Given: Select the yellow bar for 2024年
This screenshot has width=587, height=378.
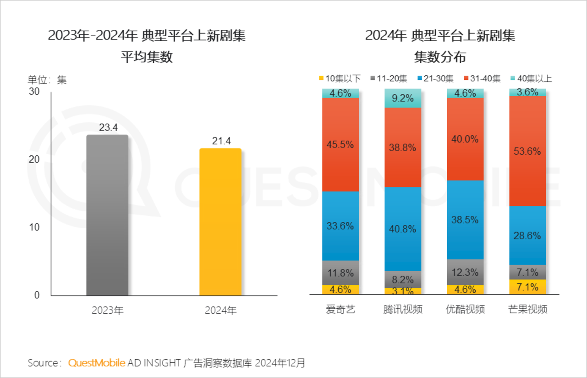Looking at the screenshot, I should coord(220,222).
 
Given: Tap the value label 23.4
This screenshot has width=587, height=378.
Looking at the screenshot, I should coord(108,128).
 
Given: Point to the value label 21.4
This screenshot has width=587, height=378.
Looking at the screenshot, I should coord(221,141).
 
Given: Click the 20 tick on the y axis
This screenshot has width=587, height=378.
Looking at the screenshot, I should coord(34,159).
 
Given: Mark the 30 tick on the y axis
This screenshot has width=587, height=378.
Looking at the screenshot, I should coord(34,91).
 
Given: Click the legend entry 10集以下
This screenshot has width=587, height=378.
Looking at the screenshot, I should coord(340,78).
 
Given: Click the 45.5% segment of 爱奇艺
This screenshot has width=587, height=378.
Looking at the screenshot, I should coord(340,145).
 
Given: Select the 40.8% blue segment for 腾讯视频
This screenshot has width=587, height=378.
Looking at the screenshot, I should coord(403,229).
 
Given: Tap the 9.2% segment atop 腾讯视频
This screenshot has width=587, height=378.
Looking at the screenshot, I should coord(403,98).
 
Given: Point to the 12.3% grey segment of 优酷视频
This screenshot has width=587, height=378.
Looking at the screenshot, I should coord(465,272).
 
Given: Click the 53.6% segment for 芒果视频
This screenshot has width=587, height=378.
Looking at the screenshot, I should coord(527,151).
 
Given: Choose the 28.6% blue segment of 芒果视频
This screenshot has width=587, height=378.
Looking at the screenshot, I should coord(527,236).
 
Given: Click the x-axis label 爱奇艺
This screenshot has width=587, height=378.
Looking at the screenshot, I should coord(340,309).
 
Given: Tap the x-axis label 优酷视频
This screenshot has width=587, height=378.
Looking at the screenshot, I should coord(465,309).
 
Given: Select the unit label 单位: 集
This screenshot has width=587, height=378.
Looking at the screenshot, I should coord(47,80).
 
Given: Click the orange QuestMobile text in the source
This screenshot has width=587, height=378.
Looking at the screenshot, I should coord(97,363).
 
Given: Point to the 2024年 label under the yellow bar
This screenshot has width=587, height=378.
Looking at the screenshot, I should coord(221,311).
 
